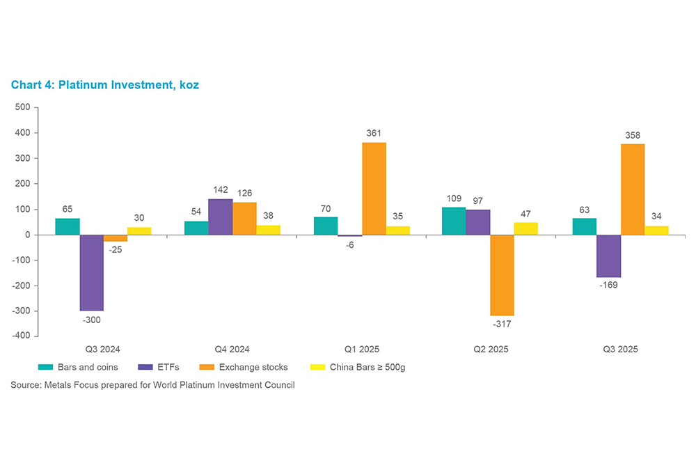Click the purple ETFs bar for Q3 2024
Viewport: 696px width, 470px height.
pyautogui.click(x=91, y=272)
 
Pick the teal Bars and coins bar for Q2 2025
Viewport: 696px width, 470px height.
pyautogui.click(x=454, y=221)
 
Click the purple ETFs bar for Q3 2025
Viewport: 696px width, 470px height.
pyautogui.click(x=608, y=256)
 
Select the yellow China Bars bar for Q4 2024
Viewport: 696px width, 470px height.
pyautogui.click(x=268, y=230)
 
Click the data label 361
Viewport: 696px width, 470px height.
pyautogui.click(x=374, y=133)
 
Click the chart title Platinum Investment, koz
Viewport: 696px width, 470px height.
pyautogui.click(x=105, y=84)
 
